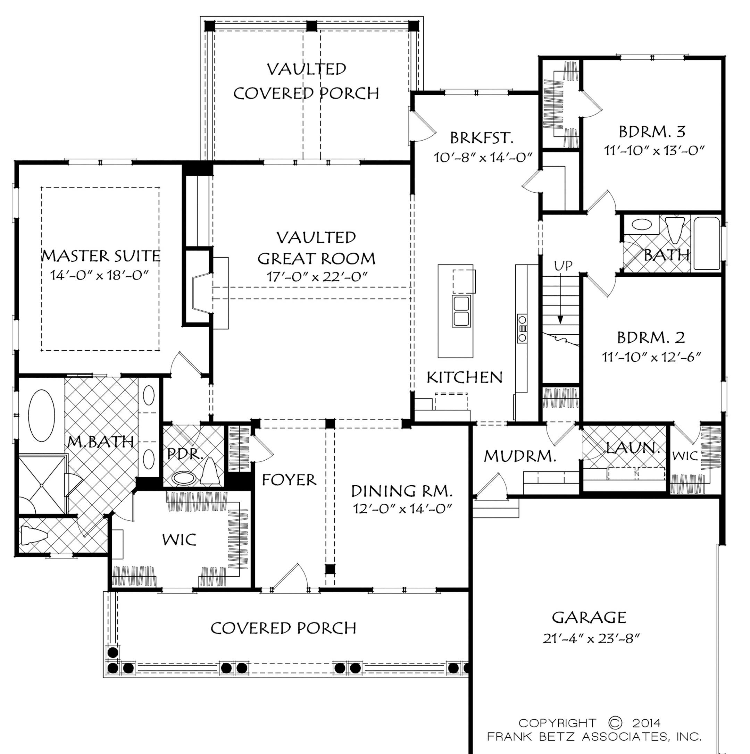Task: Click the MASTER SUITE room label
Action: point(101,256)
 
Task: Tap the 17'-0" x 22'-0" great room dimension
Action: point(317,277)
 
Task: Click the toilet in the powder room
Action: point(210,472)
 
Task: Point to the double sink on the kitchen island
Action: point(461,311)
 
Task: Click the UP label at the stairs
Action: point(563,266)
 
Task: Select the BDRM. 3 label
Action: point(652,132)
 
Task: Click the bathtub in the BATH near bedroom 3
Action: point(707,244)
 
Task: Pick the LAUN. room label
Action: point(633,448)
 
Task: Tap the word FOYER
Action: point(289,480)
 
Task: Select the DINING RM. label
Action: point(402,491)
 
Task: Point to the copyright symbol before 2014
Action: point(615,722)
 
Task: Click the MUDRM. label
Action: point(520,456)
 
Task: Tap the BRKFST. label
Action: point(481,138)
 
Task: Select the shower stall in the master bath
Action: point(41,484)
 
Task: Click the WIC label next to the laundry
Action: point(685,456)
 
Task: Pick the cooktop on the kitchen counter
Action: point(522,328)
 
